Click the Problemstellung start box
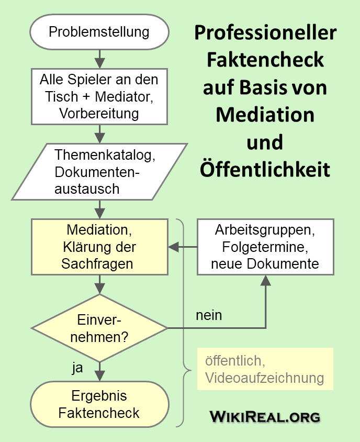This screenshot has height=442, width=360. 99,32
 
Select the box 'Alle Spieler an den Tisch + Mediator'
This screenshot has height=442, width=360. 99,96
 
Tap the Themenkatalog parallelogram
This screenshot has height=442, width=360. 99,172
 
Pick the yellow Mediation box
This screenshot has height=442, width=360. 99,247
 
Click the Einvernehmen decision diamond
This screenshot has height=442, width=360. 99,328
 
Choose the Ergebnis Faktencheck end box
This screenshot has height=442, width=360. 99,404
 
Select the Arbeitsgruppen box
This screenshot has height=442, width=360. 265,247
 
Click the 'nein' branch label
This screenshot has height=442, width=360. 209,315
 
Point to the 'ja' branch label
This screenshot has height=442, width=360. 77,368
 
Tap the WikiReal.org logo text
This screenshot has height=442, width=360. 265,417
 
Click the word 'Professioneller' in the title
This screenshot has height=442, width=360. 265,32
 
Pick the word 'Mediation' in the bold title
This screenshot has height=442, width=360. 265,114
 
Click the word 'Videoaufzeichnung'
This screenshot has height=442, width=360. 265,378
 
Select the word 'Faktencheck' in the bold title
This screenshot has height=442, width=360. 265,60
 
